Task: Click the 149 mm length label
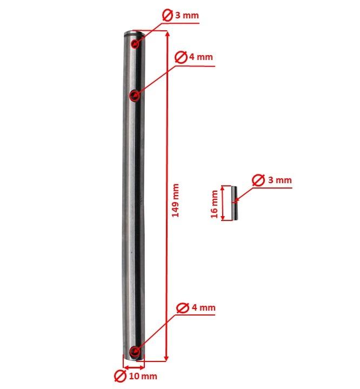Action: coord(175,201)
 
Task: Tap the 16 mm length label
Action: coord(214,205)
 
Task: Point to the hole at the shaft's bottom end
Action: coord(135,354)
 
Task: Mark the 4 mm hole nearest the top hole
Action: coord(135,96)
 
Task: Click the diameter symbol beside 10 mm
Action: coord(120,375)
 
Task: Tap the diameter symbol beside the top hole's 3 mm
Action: coord(167,16)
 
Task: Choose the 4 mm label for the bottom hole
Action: coord(203,308)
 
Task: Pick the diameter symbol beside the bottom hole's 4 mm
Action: coord(183,308)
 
